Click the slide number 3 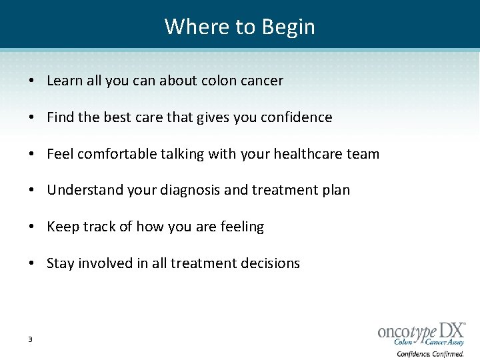(31, 340)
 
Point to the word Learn (65, 81)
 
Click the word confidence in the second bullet (297, 117)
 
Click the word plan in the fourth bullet (336, 190)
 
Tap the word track (99, 227)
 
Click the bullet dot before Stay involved (32, 263)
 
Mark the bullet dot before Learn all (32, 81)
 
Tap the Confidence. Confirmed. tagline (430, 354)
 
